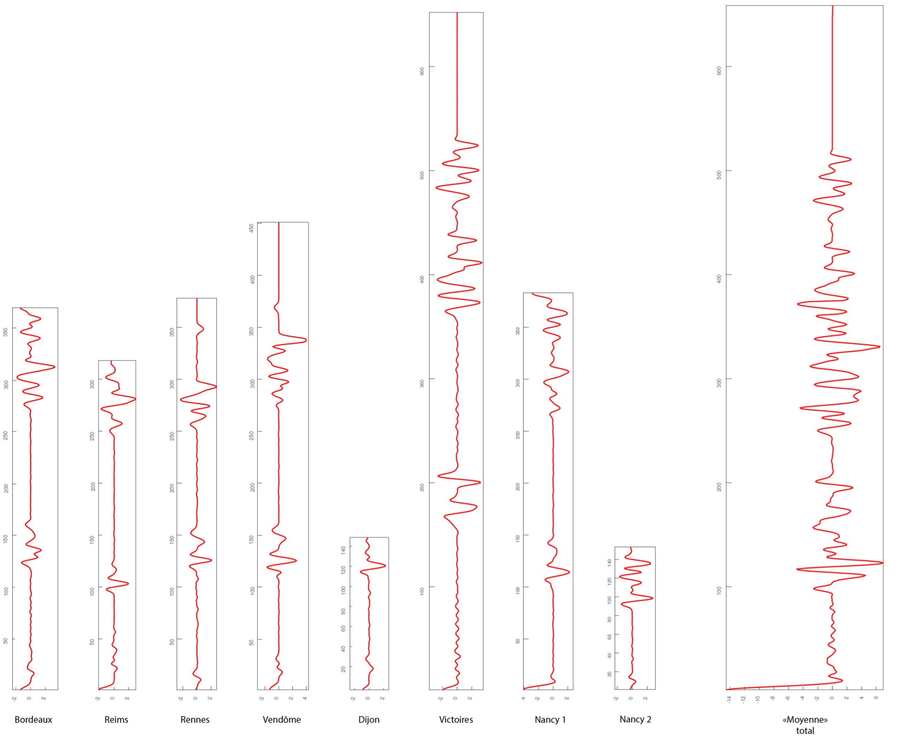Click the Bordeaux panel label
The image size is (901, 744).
(33, 720)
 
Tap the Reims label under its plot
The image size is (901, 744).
(116, 720)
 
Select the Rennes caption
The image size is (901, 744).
(195, 720)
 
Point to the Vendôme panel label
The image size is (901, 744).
(282, 720)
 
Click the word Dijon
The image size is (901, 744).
(369, 720)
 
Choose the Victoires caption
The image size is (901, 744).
(456, 720)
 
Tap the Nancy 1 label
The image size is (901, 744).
(550, 720)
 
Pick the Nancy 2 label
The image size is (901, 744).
(635, 719)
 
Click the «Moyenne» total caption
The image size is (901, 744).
(805, 725)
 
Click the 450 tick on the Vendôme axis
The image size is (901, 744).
(252, 228)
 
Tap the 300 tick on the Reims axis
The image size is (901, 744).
(92, 384)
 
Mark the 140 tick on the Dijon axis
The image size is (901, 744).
(343, 550)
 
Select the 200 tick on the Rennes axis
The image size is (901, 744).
(172, 488)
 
